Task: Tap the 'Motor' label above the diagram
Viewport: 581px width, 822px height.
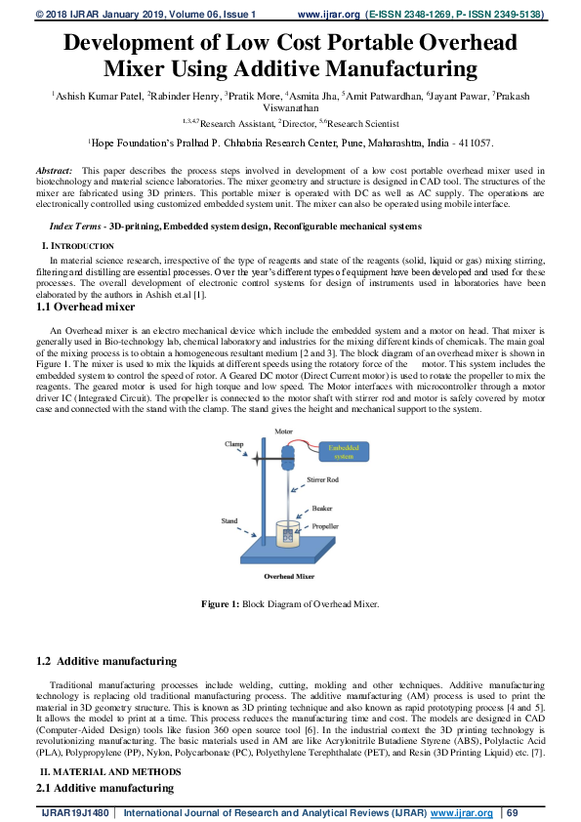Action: pos(283,430)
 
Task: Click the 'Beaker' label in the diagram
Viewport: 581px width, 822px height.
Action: pos(321,508)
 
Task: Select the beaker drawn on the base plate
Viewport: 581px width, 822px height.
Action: pos(288,534)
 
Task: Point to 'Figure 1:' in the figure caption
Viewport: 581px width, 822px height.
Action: pos(220,604)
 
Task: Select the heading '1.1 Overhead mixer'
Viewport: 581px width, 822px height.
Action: pos(85,307)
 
